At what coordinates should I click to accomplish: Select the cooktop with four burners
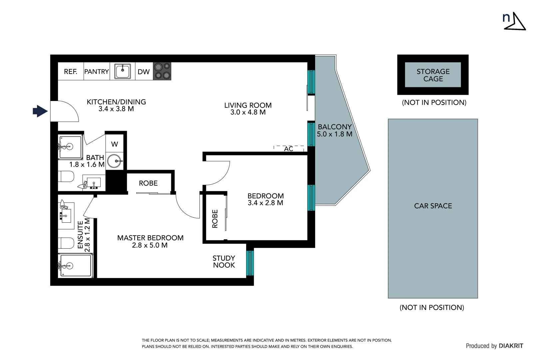[x=162, y=71]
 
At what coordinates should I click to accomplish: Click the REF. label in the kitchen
[x=70, y=72]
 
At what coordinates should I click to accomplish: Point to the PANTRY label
[x=97, y=72]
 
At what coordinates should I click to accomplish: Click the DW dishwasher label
[x=144, y=72]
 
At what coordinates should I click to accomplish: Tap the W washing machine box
[x=115, y=144]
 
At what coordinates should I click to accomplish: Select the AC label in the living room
[x=288, y=149]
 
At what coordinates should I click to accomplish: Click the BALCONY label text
[x=334, y=127]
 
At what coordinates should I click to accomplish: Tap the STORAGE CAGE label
[x=433, y=75]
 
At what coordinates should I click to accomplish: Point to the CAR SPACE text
[x=433, y=206]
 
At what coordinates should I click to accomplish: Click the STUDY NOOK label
[x=224, y=262]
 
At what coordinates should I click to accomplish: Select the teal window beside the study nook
[x=250, y=263]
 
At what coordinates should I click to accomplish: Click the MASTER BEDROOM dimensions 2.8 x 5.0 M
[x=150, y=245]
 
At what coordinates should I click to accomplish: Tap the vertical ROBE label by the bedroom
[x=215, y=219]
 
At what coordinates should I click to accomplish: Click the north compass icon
[x=514, y=21]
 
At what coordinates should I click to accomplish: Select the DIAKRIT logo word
[x=511, y=346]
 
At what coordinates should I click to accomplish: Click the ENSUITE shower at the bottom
[x=75, y=266]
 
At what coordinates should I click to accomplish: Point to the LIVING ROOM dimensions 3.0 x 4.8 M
[x=248, y=112]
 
